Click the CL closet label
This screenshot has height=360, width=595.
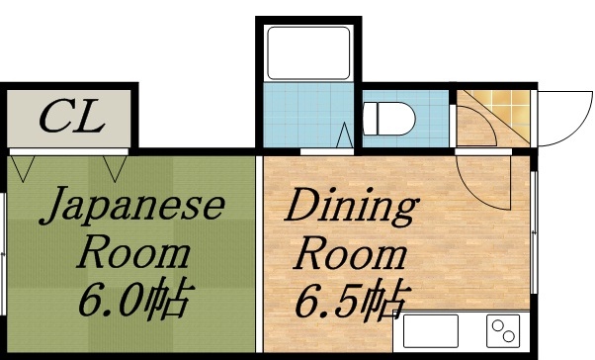[x=71, y=118]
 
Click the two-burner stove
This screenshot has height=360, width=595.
[x=504, y=331]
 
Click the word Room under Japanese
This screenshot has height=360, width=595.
[x=134, y=253]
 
